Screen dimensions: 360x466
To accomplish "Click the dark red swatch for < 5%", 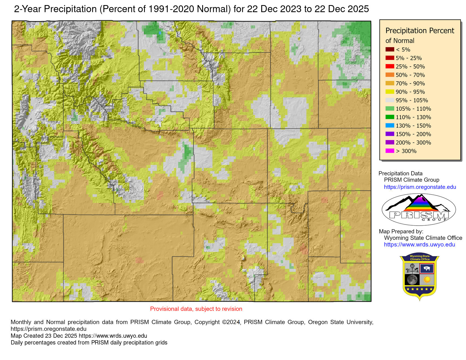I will (x=390, y=49).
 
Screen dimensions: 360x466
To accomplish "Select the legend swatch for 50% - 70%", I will (x=390, y=75).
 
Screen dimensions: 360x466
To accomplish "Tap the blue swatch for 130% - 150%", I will (x=390, y=126).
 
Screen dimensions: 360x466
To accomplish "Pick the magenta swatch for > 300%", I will (x=390, y=151).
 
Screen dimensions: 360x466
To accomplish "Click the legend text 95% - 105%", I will (x=412, y=100).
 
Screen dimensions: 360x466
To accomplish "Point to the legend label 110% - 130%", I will (x=413, y=117).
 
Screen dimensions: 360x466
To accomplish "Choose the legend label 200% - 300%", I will (x=413, y=143).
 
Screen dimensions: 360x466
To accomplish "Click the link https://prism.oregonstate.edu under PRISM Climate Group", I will (x=420, y=187).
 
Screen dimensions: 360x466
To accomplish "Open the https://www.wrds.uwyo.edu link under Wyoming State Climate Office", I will (x=419, y=245).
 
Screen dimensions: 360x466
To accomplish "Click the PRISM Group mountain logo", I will (x=419, y=209).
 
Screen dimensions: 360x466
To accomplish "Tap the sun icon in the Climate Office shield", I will (x=427, y=280).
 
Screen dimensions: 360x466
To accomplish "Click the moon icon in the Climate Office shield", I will (x=412, y=280).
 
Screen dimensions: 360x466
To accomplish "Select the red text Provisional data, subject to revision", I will (x=196, y=309).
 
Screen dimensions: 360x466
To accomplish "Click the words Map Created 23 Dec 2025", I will (x=44, y=336).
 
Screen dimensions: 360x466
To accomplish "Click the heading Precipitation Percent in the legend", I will (x=420, y=30).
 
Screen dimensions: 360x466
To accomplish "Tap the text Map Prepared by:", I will (x=401, y=232).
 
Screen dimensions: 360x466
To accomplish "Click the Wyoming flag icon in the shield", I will (x=427, y=269).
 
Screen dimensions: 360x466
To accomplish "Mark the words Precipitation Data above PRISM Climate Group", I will (x=400, y=173).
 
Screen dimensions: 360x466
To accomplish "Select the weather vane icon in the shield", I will (x=412, y=269).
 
